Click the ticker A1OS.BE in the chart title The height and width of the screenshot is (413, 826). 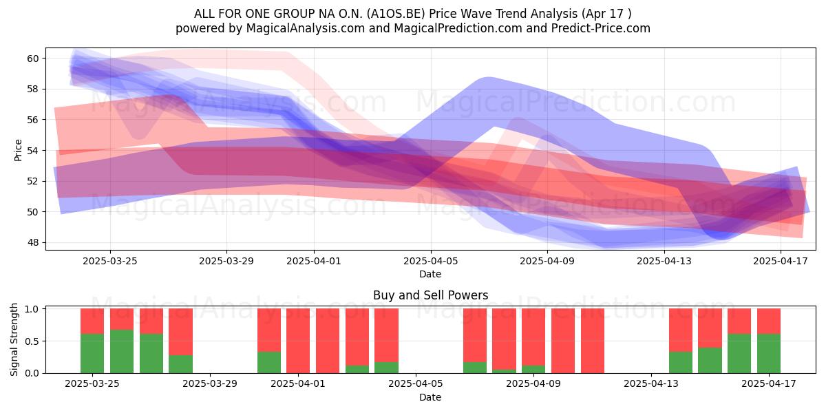coord(396,14)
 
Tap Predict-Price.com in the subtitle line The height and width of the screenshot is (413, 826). coord(600,28)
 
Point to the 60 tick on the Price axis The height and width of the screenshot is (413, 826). coord(32,59)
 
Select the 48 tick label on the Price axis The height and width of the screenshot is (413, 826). coord(32,242)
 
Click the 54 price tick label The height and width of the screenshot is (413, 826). coord(32,151)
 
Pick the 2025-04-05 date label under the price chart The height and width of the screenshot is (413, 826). coord(431,261)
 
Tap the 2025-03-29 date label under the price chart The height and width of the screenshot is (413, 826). coord(226,261)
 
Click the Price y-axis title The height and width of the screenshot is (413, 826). coord(18,150)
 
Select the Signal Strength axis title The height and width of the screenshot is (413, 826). coord(14,339)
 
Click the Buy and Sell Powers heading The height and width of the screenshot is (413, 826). coord(431,295)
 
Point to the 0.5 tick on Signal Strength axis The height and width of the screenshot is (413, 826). coord(32,341)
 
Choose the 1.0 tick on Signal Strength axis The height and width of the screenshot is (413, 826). coord(32,309)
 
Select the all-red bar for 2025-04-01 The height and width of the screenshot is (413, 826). coord(298,341)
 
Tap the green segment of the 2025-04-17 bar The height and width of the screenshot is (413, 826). coord(769,353)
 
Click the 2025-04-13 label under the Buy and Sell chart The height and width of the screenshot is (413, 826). coord(651,383)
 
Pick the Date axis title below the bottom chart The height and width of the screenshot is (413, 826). coord(430,397)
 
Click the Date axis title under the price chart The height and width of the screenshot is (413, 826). coord(430,274)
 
